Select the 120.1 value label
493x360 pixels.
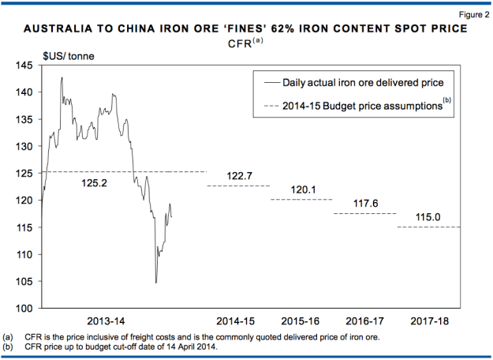pyautogui.click(x=302, y=190)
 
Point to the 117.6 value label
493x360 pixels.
pyautogui.click(x=365, y=204)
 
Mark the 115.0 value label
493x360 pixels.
pyautogui.click(x=429, y=218)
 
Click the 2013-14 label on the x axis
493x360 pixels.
pyautogui.click(x=106, y=321)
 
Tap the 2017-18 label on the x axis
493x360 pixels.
pyautogui.click(x=429, y=321)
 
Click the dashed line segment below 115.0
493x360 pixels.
pyautogui.click(x=429, y=227)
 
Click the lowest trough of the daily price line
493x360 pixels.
pyautogui.click(x=156, y=283)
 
